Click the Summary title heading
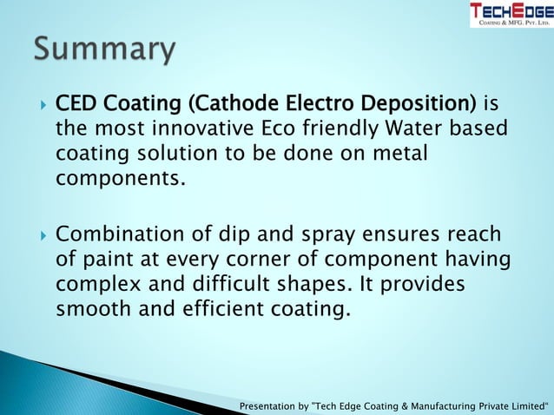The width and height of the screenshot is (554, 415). pyautogui.click(x=105, y=49)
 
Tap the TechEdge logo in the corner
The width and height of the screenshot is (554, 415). pyautogui.click(x=511, y=14)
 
